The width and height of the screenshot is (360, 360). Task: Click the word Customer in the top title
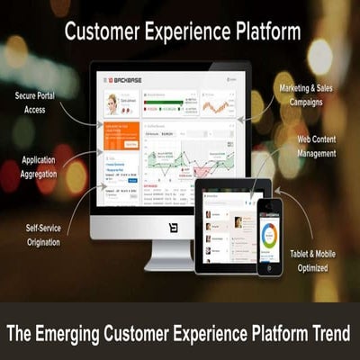point(104,33)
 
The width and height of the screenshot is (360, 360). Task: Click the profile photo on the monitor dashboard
point(113,102)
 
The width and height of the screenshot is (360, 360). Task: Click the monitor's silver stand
point(169,256)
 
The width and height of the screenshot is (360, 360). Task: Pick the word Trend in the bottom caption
point(326,334)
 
